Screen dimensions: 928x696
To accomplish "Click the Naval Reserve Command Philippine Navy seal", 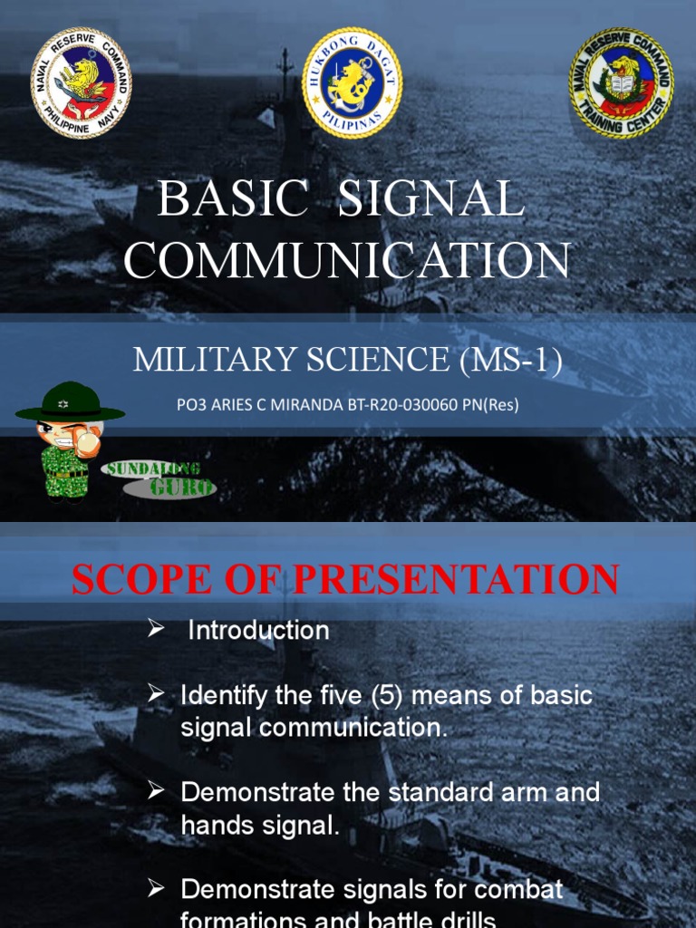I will (x=81, y=83).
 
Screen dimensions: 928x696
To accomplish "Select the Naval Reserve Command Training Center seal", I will (x=621, y=83).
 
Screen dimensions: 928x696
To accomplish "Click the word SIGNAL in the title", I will (x=431, y=199).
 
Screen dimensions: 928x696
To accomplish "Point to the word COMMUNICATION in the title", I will (x=347, y=260).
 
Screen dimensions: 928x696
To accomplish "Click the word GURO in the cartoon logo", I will (x=183, y=488).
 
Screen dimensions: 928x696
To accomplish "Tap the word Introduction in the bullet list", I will (x=258, y=631).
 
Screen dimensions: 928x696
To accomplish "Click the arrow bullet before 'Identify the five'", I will (x=157, y=695).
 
